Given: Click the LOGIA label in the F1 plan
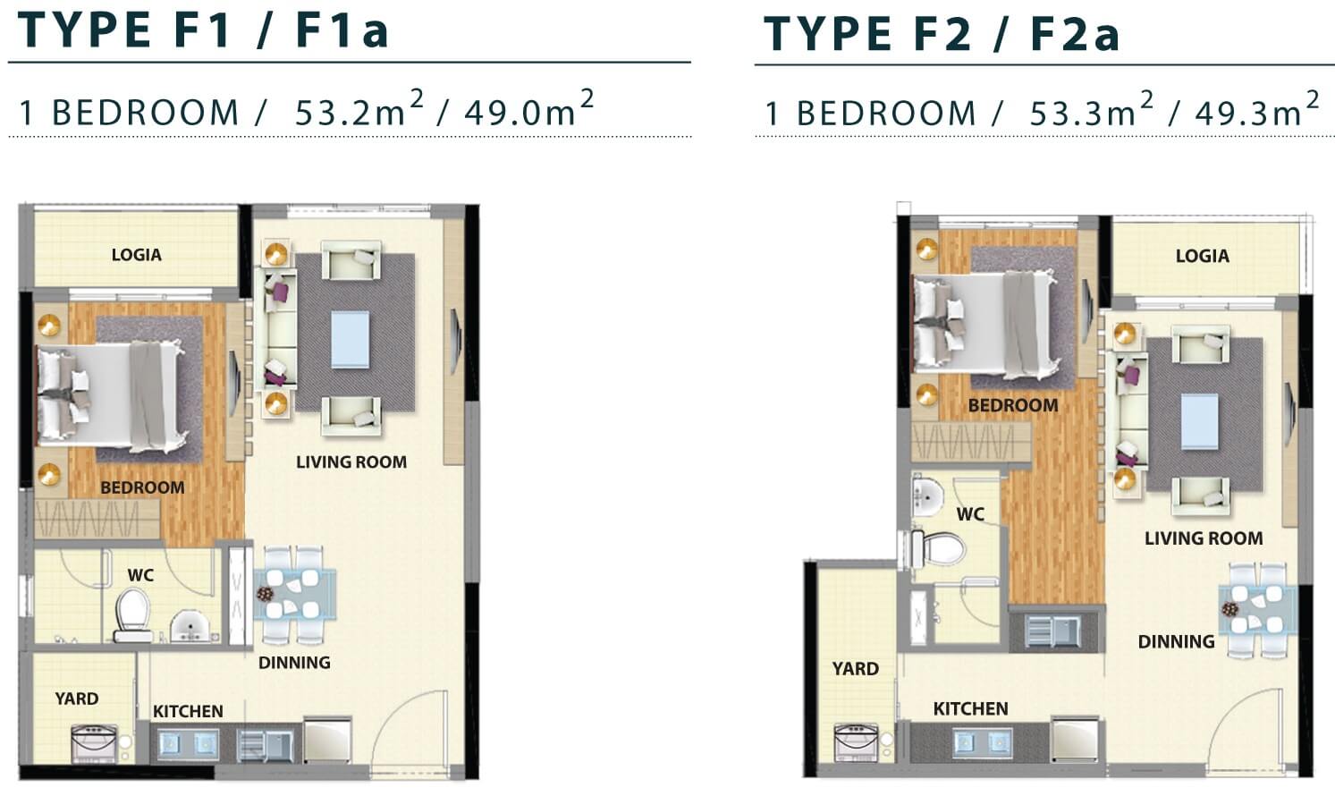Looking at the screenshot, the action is [137, 255].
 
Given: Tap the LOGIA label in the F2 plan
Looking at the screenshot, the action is [1202, 257].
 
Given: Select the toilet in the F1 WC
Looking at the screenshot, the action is [132, 615].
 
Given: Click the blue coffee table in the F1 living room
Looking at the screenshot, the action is [350, 340].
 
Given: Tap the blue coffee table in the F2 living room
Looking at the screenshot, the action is [1200, 421].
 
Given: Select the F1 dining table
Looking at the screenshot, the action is [295, 595].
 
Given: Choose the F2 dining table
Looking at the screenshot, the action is [1257, 610].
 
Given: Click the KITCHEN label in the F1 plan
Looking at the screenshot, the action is [188, 711].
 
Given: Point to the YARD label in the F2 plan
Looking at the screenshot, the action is [855, 668].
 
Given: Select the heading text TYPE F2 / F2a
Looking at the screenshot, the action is [942, 35].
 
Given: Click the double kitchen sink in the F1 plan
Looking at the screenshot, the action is [188, 744].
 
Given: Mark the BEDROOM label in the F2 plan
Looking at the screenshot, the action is [1013, 405].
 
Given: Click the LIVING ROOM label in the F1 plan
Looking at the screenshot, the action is [351, 462].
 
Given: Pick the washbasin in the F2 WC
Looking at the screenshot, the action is [926, 495].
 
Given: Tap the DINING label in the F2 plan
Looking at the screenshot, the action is [1176, 641].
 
